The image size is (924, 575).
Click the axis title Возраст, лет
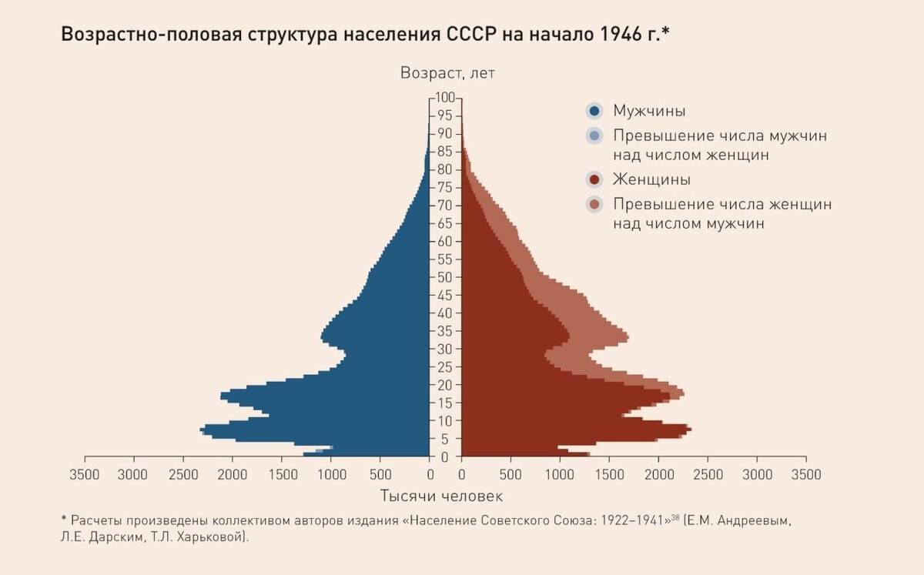pos(447,74)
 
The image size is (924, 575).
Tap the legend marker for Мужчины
pos(594,111)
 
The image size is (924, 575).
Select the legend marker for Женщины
pos(594,180)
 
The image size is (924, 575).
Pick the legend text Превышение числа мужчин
pos(720,136)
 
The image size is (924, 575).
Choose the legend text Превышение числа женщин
pos(722,206)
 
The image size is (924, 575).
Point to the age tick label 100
pos(445,98)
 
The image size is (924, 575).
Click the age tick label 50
pos(445,277)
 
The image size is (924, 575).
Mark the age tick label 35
pos(445,331)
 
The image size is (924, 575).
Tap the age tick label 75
pos(445,188)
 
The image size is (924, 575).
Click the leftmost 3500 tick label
pos(84,474)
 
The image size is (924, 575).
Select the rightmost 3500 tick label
pos(805,474)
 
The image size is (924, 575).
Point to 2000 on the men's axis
pos(233,474)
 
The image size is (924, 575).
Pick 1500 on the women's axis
pos(608,474)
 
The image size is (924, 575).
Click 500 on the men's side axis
pos(380,474)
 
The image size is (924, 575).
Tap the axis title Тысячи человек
pos(441,496)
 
